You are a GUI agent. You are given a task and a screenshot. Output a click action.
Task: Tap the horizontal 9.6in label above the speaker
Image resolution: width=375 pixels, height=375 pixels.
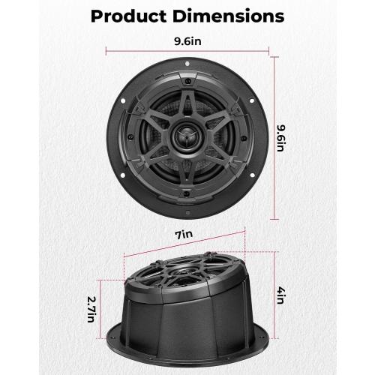pyautogui.click(x=186, y=42)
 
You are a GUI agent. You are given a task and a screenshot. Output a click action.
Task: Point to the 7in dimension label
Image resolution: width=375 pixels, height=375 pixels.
pyautogui.click(x=182, y=234)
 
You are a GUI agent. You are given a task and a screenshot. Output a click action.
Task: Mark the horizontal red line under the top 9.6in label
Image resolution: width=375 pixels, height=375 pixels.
pyautogui.click(x=186, y=52)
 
